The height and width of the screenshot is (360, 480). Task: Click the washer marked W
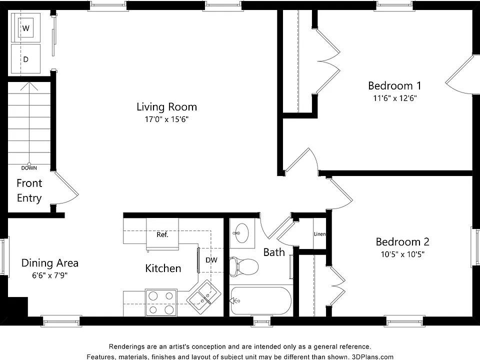pyautogui.click(x=25, y=28)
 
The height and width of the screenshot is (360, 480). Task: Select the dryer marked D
pyautogui.click(x=25, y=59)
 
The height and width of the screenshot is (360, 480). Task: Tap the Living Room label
pyautogui.click(x=166, y=107)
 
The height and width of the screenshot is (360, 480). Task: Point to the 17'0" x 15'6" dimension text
pyautogui.click(x=166, y=119)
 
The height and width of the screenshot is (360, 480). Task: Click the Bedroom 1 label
pyautogui.click(x=394, y=85)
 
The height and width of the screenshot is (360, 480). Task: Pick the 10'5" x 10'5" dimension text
pyautogui.click(x=402, y=254)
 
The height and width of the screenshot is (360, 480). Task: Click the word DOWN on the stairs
pyautogui.click(x=29, y=168)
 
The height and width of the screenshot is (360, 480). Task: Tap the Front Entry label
pyautogui.click(x=29, y=190)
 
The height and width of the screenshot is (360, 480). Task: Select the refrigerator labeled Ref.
pyautogui.click(x=162, y=234)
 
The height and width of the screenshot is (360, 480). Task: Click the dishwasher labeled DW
pyautogui.click(x=211, y=260)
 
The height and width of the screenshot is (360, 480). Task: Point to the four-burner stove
pyautogui.click(x=161, y=303)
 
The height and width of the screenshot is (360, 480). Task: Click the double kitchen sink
pyautogui.click(x=204, y=296)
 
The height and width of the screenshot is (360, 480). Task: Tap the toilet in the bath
pyautogui.click(x=244, y=266)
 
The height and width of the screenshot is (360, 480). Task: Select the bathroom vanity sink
pyautogui.click(x=242, y=233)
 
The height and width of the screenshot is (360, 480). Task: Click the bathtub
pyautogui.click(x=260, y=300)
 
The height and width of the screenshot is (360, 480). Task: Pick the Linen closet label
pyautogui.click(x=319, y=234)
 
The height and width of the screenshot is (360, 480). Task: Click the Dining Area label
pyautogui.click(x=50, y=263)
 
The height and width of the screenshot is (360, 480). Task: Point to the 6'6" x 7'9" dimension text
pyautogui.click(x=50, y=275)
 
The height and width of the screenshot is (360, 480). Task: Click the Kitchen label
pyautogui.click(x=163, y=268)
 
